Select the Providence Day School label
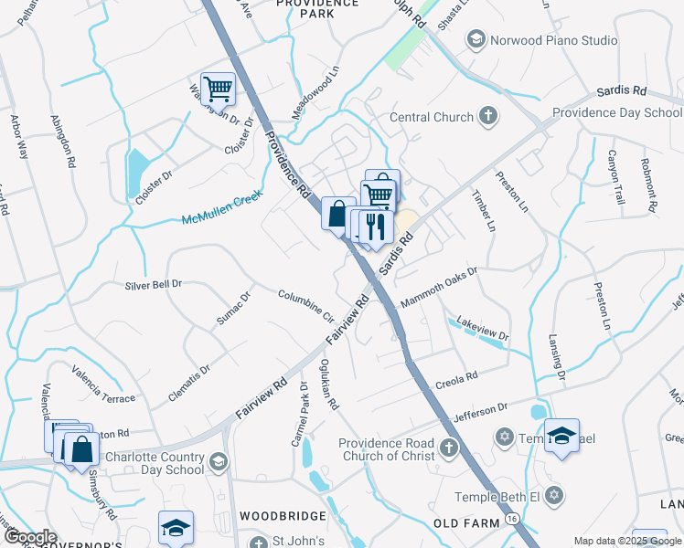pyautogui.click(x=617, y=113)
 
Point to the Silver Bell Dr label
pyautogui.click(x=154, y=285)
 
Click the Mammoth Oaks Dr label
pyautogui.click(x=440, y=288)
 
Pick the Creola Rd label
pyautogui.click(x=458, y=377)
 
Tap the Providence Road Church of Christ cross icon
pyautogui.click(x=447, y=448)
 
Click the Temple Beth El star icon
pyautogui.click(x=552, y=496)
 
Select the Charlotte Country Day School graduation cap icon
pyautogui.click(x=218, y=462)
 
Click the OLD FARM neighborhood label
pyautogui.click(x=465, y=522)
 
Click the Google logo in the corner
pyautogui.click(x=29, y=538)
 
